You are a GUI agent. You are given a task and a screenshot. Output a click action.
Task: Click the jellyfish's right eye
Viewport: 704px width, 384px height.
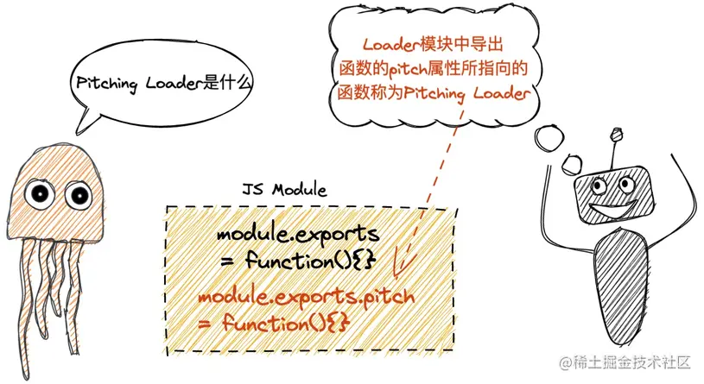[x=78, y=195]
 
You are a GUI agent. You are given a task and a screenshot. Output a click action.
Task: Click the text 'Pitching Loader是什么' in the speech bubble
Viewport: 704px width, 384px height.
[x=159, y=85]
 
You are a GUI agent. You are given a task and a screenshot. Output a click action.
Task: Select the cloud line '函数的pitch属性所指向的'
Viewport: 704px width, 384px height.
[x=433, y=69]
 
